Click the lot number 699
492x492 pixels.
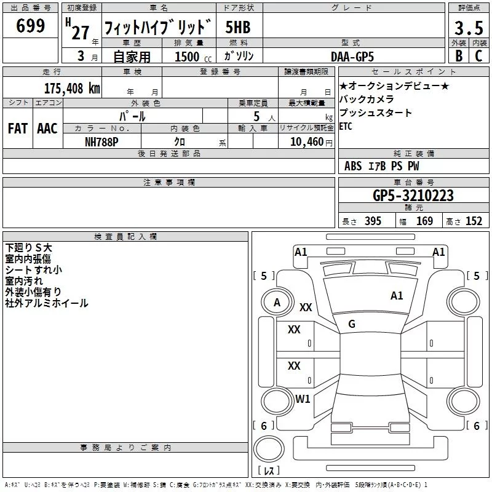[x=30, y=26]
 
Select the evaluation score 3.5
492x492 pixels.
[x=468, y=28]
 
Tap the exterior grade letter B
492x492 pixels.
[x=458, y=55]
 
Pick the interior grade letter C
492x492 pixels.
[x=478, y=55]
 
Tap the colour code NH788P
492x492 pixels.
[x=103, y=141]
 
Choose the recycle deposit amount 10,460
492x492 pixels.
[x=305, y=141]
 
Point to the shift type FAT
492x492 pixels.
[x=18, y=129]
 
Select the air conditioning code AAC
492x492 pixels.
[x=47, y=129]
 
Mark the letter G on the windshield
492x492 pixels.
[x=352, y=323]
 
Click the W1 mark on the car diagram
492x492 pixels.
[x=303, y=399]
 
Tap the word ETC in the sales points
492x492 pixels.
[x=346, y=127]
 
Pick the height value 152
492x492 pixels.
[x=474, y=221]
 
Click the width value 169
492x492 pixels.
[x=424, y=221]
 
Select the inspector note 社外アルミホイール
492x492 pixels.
[x=47, y=303]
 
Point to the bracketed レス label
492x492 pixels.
[x=269, y=471]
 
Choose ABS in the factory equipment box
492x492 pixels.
[x=353, y=166]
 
